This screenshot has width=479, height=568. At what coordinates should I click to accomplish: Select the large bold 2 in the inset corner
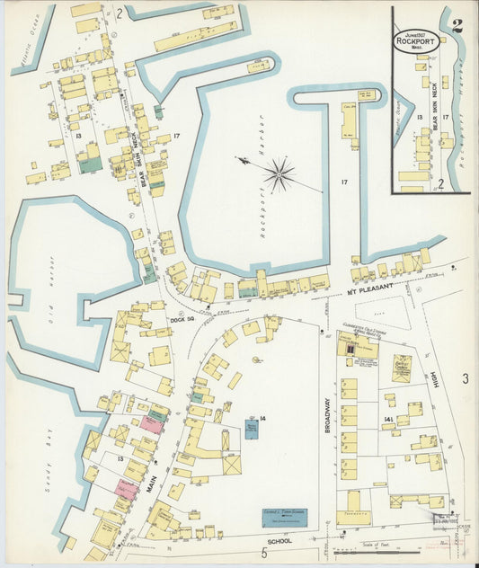click(x=457, y=25)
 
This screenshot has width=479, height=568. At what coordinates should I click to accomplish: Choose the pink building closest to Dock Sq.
click(x=154, y=422)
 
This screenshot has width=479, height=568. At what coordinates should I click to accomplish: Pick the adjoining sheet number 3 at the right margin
click(x=465, y=379)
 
